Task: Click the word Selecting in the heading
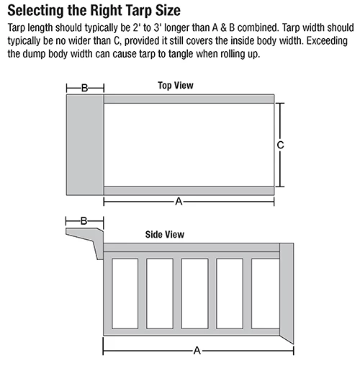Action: point(35,11)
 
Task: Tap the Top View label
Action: point(176,86)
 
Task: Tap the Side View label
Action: point(166,235)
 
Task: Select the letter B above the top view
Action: point(84,88)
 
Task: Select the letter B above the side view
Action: point(84,222)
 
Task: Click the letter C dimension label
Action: point(280,145)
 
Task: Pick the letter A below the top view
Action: point(178,202)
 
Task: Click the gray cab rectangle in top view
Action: point(85,144)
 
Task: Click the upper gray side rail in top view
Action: point(189,99)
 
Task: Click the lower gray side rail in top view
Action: point(189,190)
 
